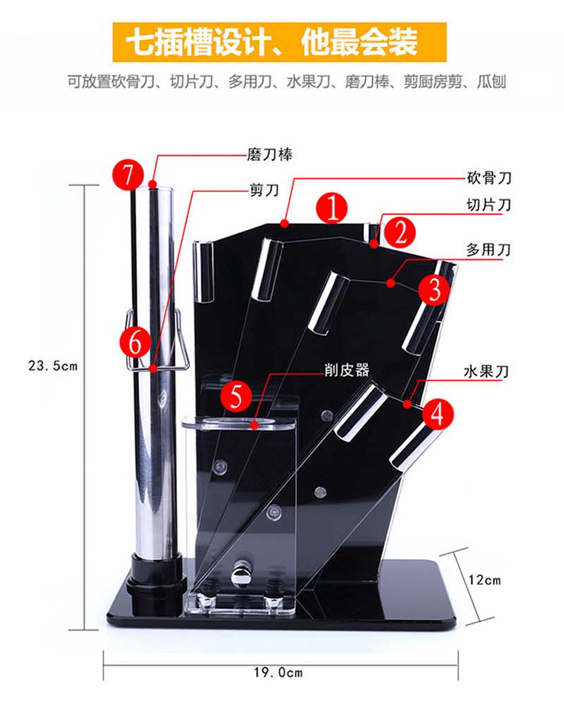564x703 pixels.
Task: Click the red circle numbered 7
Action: tap(128, 174)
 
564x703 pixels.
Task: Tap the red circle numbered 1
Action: tap(332, 207)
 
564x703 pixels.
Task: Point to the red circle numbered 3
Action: tap(434, 289)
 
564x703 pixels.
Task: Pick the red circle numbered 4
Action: tap(437, 414)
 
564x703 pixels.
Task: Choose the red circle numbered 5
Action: tap(236, 395)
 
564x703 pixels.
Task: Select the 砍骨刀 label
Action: tap(489, 178)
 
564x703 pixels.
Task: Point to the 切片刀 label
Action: tap(489, 205)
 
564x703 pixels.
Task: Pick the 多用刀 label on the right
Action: tap(489, 250)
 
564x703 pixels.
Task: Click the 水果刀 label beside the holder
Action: tap(485, 372)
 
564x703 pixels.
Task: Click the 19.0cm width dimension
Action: tap(278, 672)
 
